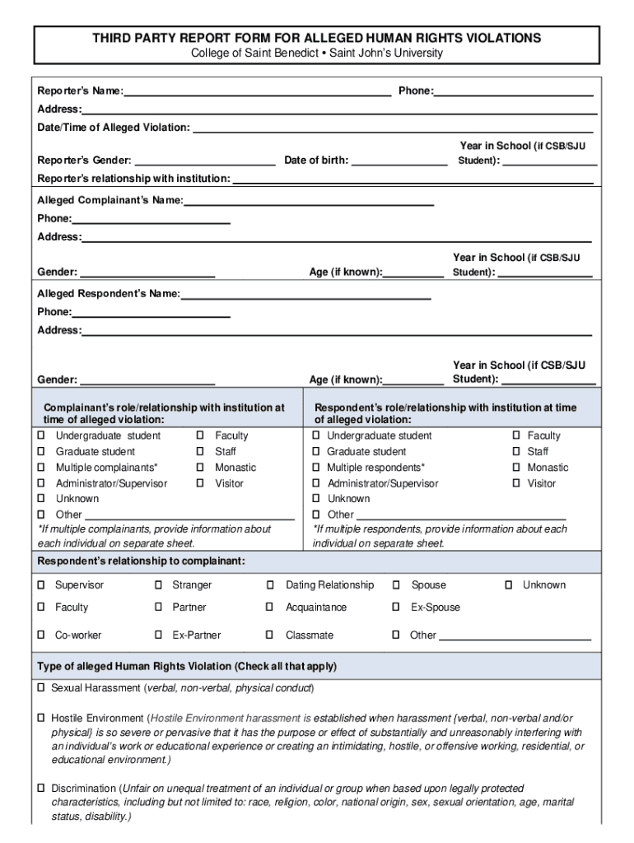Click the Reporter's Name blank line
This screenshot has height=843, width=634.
coord(257,91)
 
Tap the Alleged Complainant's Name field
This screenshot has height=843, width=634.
coord(309,200)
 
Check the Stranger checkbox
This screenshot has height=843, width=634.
coord(158,585)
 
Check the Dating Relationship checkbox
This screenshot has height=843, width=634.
coord(270,585)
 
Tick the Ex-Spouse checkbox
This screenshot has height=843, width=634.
coord(396,608)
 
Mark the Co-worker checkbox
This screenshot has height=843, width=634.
coord(40,636)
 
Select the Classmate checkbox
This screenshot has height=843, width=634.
coord(270,636)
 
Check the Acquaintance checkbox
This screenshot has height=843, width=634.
coord(270,608)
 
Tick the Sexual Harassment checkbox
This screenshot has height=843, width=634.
coord(40,687)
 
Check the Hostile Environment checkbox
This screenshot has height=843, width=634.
coord(40,719)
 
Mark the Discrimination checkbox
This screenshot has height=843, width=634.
coord(40,789)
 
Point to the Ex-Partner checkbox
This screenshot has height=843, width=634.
coord(158,636)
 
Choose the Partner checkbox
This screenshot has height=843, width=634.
coord(158,608)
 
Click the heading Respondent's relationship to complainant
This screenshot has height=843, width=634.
coord(141,561)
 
